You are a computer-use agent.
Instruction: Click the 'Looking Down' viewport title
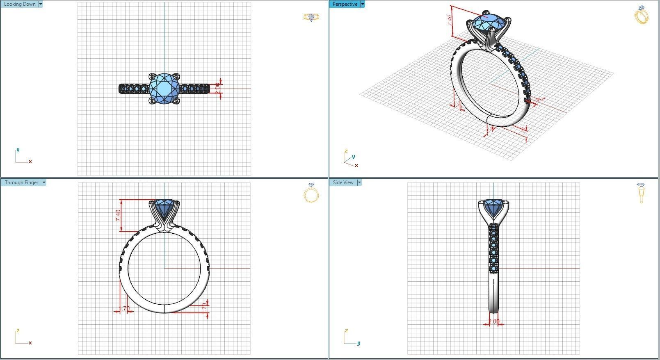[20, 4]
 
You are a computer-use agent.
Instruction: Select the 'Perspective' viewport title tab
[345, 4]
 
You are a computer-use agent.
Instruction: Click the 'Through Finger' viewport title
[21, 182]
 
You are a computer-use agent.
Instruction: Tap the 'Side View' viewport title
[343, 182]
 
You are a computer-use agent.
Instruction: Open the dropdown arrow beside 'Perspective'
[363, 4]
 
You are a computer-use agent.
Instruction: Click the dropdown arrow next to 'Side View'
[359, 182]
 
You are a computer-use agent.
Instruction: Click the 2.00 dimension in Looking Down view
[217, 87]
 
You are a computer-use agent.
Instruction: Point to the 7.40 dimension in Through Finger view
[118, 215]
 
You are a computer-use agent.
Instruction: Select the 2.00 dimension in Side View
[494, 321]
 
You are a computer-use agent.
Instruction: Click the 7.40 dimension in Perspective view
[450, 20]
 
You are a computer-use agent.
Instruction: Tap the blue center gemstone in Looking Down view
[164, 88]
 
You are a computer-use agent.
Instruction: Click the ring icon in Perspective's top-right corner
[641, 15]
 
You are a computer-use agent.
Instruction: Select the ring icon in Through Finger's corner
[311, 193]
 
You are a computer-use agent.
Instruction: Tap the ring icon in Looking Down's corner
[311, 17]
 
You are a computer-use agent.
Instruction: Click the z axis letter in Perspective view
[346, 151]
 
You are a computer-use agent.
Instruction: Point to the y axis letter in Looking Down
[18, 150]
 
